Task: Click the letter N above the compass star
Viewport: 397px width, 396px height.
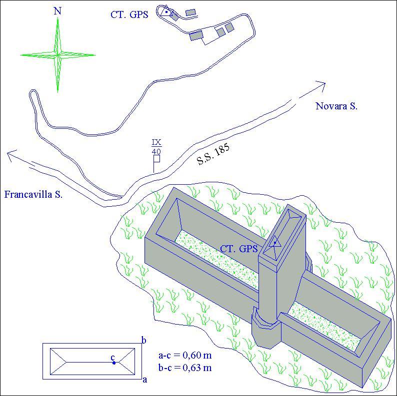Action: tap(57, 11)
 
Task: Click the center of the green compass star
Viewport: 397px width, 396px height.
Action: tap(57, 54)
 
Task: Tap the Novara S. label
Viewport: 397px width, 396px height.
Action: tap(336, 106)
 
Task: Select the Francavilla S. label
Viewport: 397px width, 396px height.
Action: tap(33, 194)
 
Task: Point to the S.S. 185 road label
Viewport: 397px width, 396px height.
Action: tap(213, 154)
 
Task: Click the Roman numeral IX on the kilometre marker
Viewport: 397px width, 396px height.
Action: tap(156, 142)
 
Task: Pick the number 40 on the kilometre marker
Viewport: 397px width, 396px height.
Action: tap(156, 151)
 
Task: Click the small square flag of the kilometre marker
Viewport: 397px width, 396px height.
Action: tap(156, 159)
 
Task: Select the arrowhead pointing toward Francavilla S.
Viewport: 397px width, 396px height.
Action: tap(12, 155)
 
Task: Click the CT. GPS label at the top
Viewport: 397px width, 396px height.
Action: tap(129, 14)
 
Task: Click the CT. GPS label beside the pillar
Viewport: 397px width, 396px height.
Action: tap(239, 249)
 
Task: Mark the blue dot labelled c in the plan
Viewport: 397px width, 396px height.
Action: tap(114, 363)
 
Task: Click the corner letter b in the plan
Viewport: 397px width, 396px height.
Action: tap(144, 341)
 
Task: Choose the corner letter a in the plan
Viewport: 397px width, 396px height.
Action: tap(145, 380)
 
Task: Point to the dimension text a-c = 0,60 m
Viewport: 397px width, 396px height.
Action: tap(185, 355)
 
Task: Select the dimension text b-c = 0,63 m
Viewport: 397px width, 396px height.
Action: tap(185, 367)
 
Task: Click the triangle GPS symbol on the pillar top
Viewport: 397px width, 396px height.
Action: tap(275, 242)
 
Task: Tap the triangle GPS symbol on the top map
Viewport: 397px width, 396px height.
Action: tap(166, 11)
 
